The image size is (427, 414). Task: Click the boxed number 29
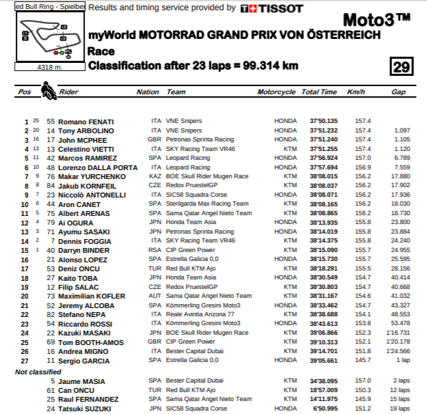[400, 66]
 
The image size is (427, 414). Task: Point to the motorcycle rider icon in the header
[47, 90]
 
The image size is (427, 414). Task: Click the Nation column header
[148, 92]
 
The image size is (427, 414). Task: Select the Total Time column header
[319, 92]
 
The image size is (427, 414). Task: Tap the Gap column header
[398, 92]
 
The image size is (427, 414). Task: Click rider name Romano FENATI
[85, 122]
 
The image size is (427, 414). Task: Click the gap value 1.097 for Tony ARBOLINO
[402, 130]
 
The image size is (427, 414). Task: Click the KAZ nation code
[155, 176]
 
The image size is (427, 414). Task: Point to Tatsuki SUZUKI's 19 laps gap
[399, 409]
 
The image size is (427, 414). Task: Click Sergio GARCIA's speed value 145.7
[363, 361]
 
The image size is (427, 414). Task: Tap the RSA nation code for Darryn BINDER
[155, 250]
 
